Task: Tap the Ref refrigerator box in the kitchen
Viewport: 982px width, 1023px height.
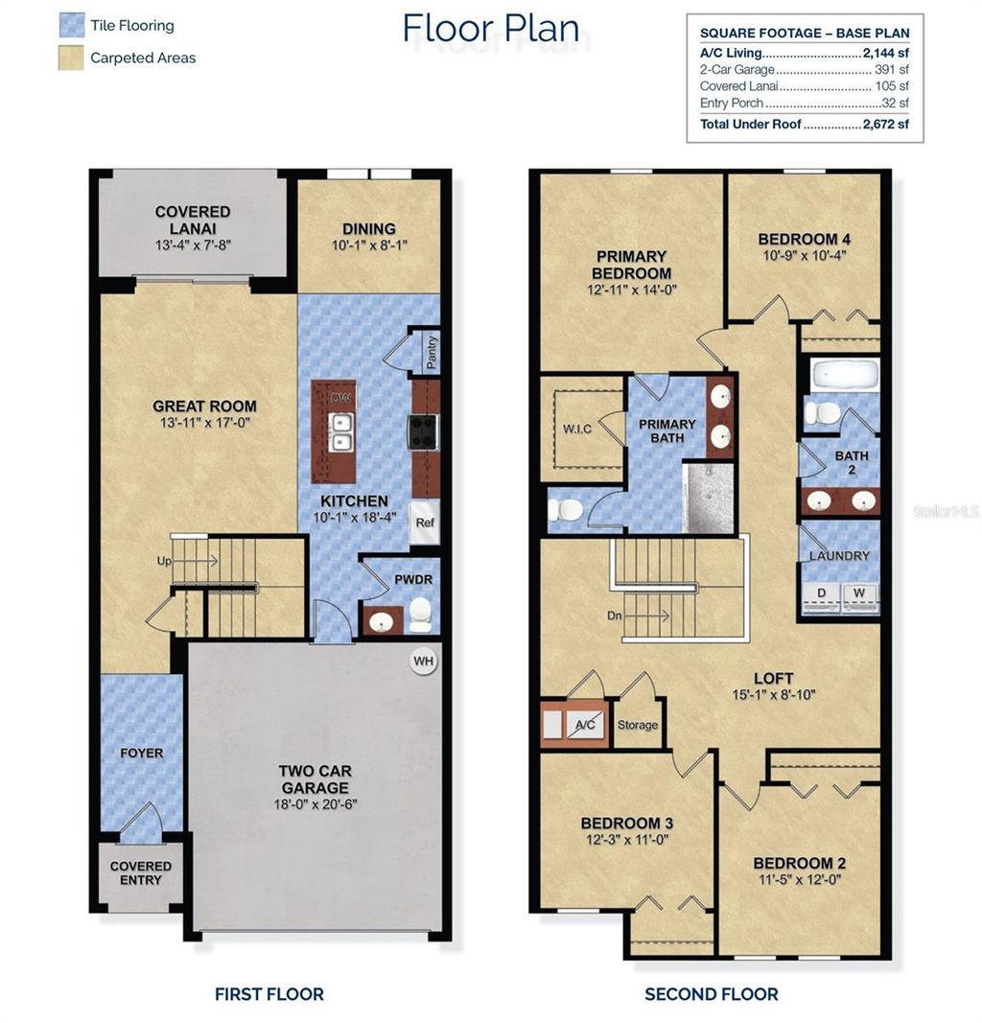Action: tap(424, 523)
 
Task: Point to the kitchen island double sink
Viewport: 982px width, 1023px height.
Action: tap(339, 432)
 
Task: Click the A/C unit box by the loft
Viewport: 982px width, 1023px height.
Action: tap(583, 726)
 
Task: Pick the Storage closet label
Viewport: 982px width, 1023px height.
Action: tap(638, 725)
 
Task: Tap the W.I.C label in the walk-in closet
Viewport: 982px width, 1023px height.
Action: tap(576, 429)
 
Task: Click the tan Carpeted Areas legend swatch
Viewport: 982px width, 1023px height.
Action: tap(71, 58)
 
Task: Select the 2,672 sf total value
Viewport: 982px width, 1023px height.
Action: tap(885, 125)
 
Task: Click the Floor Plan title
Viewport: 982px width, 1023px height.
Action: tap(490, 29)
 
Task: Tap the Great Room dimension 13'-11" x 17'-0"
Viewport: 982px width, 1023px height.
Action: tap(204, 423)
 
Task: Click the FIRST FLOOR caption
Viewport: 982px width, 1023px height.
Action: tap(269, 994)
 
